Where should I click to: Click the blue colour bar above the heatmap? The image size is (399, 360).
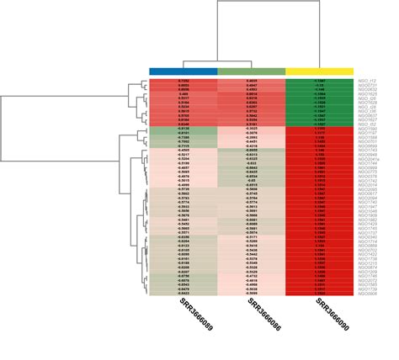pyautogui.click(x=183, y=71)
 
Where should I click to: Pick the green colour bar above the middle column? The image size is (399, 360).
pyautogui.click(x=252, y=71)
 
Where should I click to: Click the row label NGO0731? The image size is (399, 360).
pyautogui.click(x=368, y=85)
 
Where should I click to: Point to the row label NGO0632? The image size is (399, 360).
pyautogui.click(x=368, y=90)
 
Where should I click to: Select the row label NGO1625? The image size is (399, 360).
pyautogui.click(x=368, y=94)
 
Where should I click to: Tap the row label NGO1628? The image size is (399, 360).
pyautogui.click(x=368, y=103)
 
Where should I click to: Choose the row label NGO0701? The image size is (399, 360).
pyautogui.click(x=368, y=141)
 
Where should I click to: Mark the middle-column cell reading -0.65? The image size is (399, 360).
pyautogui.click(x=250, y=181)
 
